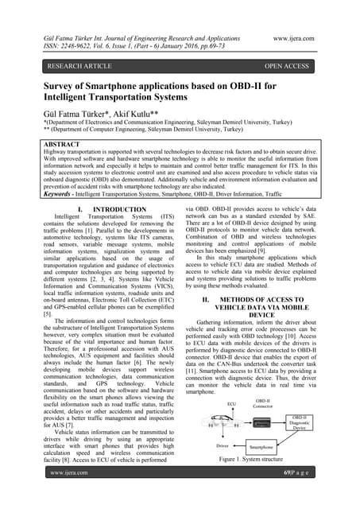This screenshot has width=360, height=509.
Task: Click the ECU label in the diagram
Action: click(x=209, y=404)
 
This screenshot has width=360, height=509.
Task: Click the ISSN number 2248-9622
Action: click(x=75, y=47)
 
